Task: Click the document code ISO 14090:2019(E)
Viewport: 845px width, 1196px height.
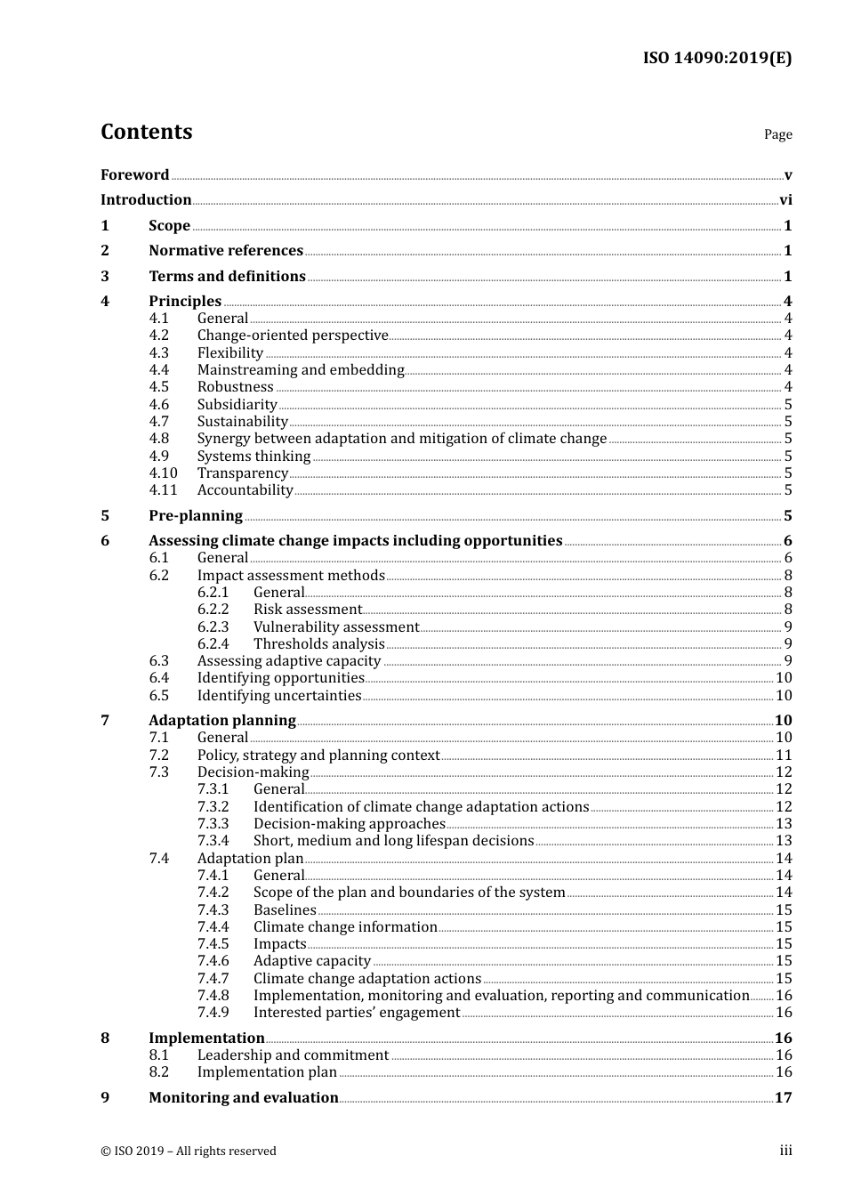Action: (x=717, y=59)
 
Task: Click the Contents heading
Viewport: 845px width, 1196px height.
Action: (x=146, y=132)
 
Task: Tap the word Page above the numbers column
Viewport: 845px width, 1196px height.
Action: (x=777, y=134)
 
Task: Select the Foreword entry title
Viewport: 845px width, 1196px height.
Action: (x=134, y=175)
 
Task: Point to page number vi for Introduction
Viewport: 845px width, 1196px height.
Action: (x=785, y=200)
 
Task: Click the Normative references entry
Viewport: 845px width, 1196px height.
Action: (x=226, y=251)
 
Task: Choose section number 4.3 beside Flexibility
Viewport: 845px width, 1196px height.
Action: (x=159, y=353)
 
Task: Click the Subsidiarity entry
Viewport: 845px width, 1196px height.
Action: (x=237, y=405)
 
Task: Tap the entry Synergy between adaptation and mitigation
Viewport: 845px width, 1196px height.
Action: (x=401, y=439)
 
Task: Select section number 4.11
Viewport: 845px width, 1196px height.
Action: (x=163, y=490)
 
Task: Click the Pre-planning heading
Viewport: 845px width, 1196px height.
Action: (x=196, y=516)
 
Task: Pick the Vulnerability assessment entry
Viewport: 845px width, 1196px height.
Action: (x=335, y=627)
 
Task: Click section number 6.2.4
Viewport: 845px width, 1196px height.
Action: (x=213, y=644)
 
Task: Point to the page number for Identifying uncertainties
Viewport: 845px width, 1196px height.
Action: (x=784, y=696)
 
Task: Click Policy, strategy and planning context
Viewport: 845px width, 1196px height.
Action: (x=318, y=756)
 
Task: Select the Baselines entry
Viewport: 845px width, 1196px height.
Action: (x=285, y=910)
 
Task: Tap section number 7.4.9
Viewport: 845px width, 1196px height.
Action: (x=213, y=1013)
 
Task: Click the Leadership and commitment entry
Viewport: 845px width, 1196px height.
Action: (x=293, y=1055)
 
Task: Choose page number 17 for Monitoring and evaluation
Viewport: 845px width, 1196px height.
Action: (x=783, y=1098)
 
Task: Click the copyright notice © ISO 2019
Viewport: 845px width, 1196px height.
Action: (x=189, y=1152)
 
